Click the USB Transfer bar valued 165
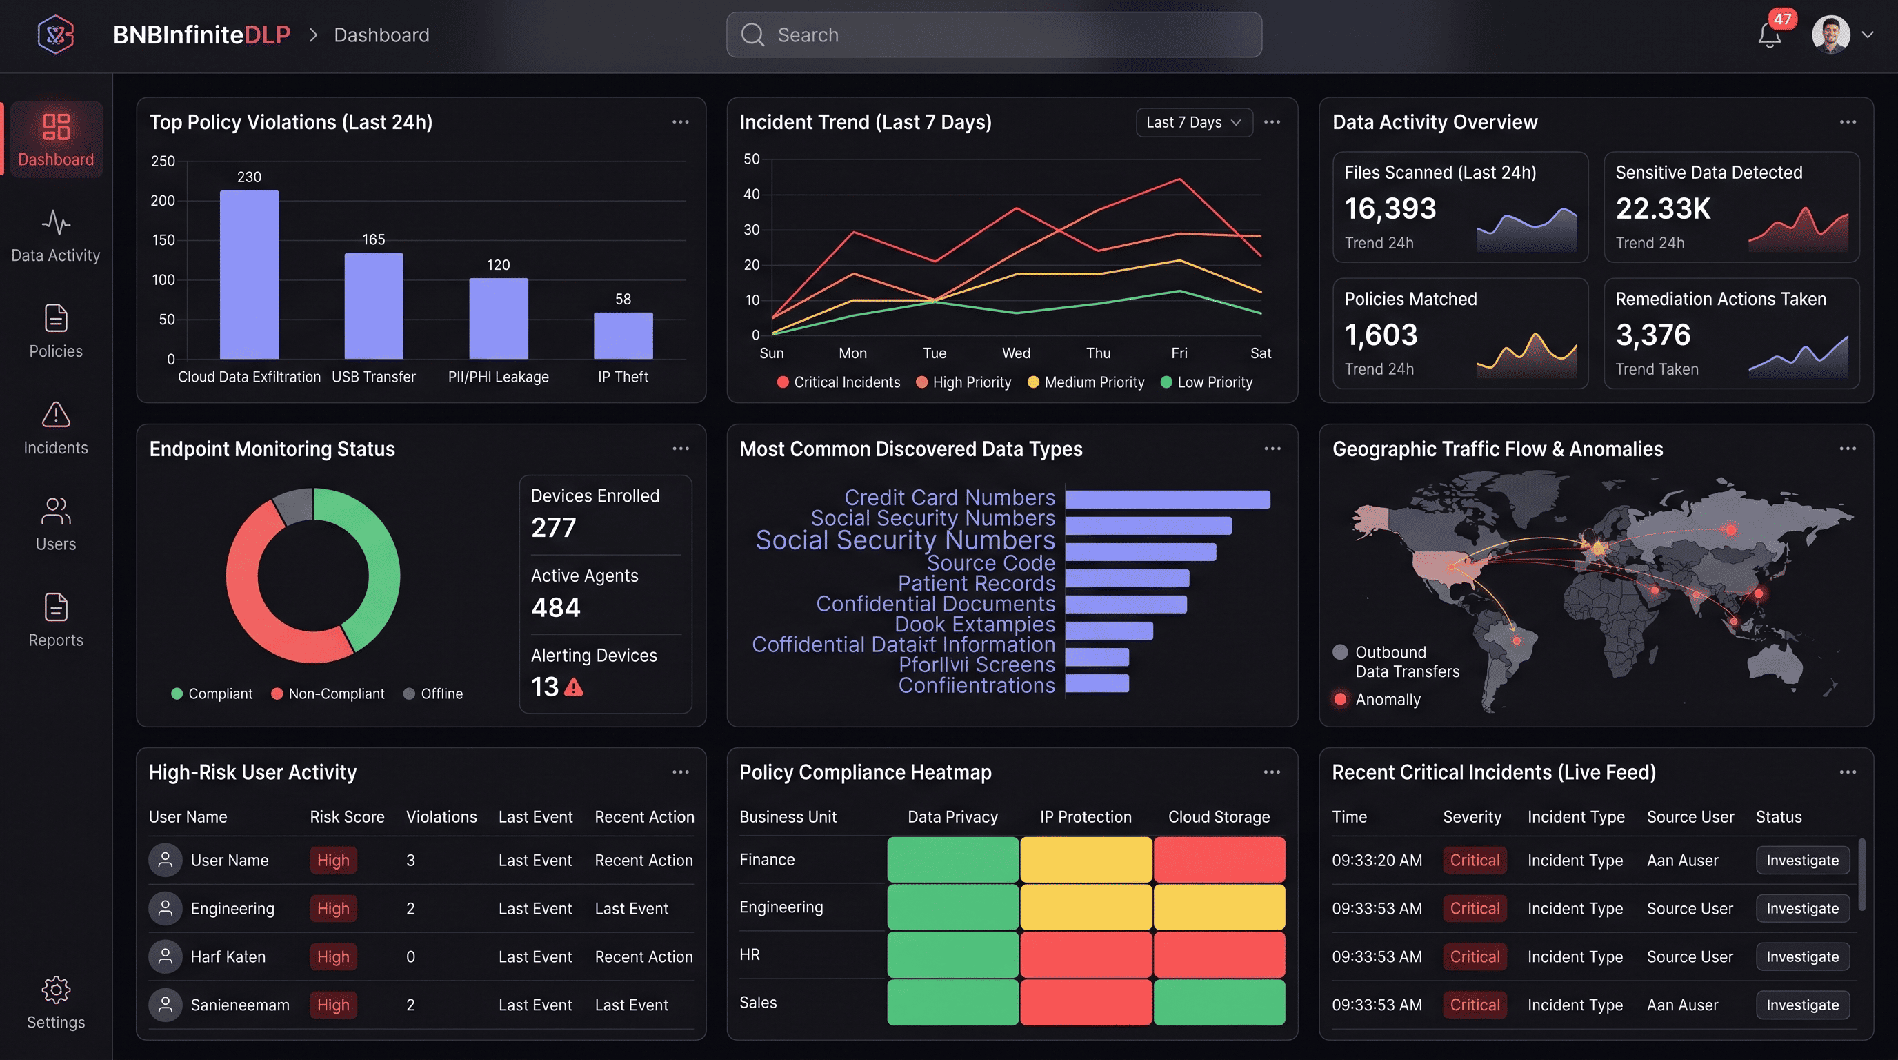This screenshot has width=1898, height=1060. [374, 306]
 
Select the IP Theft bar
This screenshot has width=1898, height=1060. [623, 335]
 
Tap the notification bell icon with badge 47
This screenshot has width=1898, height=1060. [1768, 35]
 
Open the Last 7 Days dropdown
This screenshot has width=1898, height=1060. [1193, 122]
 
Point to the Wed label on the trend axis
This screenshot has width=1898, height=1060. [1015, 353]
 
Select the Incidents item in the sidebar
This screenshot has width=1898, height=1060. [55, 429]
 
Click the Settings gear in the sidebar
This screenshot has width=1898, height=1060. [55, 1002]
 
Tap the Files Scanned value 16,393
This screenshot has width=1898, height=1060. [1390, 208]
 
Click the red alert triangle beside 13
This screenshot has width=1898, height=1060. [573, 687]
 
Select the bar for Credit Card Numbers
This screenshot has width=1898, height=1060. [1167, 499]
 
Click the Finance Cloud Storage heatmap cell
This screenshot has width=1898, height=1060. [1219, 859]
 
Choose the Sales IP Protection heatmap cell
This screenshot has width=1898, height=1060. [1086, 1002]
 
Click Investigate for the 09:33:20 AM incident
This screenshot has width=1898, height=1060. [1801, 861]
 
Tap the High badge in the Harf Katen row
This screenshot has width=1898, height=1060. [333, 956]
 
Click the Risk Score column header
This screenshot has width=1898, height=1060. [346, 817]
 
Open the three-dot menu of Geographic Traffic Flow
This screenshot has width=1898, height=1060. [1846, 449]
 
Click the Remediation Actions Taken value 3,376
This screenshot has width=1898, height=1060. [1652, 335]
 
